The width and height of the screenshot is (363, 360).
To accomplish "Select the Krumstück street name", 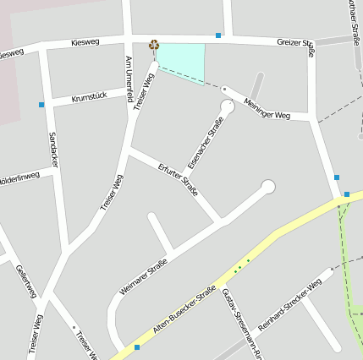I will point(89,98).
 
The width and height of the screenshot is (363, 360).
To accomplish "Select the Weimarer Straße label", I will point(143,276).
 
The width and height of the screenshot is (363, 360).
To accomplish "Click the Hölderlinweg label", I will point(19,179).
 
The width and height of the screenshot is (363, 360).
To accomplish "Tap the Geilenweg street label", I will point(26,281).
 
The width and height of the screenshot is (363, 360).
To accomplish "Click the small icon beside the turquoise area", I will point(153,46).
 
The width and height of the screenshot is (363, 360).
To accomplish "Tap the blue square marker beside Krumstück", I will point(41,105).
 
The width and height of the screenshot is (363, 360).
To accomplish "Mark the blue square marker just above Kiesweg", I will point(218,35).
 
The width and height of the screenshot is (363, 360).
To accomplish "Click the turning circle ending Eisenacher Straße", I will point(228,107).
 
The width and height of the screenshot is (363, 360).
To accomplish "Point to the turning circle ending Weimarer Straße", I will point(268,187).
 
